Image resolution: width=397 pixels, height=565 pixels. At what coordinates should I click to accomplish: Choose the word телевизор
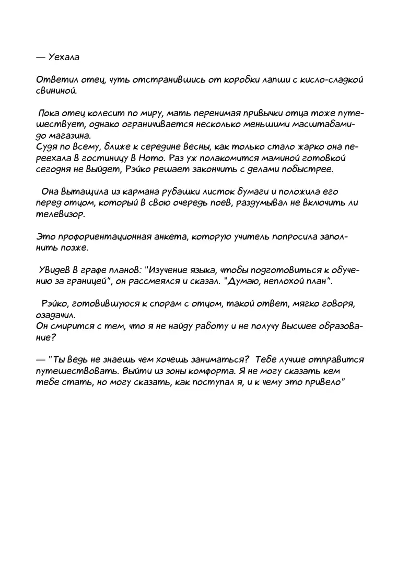coord(61,214)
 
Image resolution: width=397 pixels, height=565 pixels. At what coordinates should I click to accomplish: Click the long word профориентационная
coord(107,237)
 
